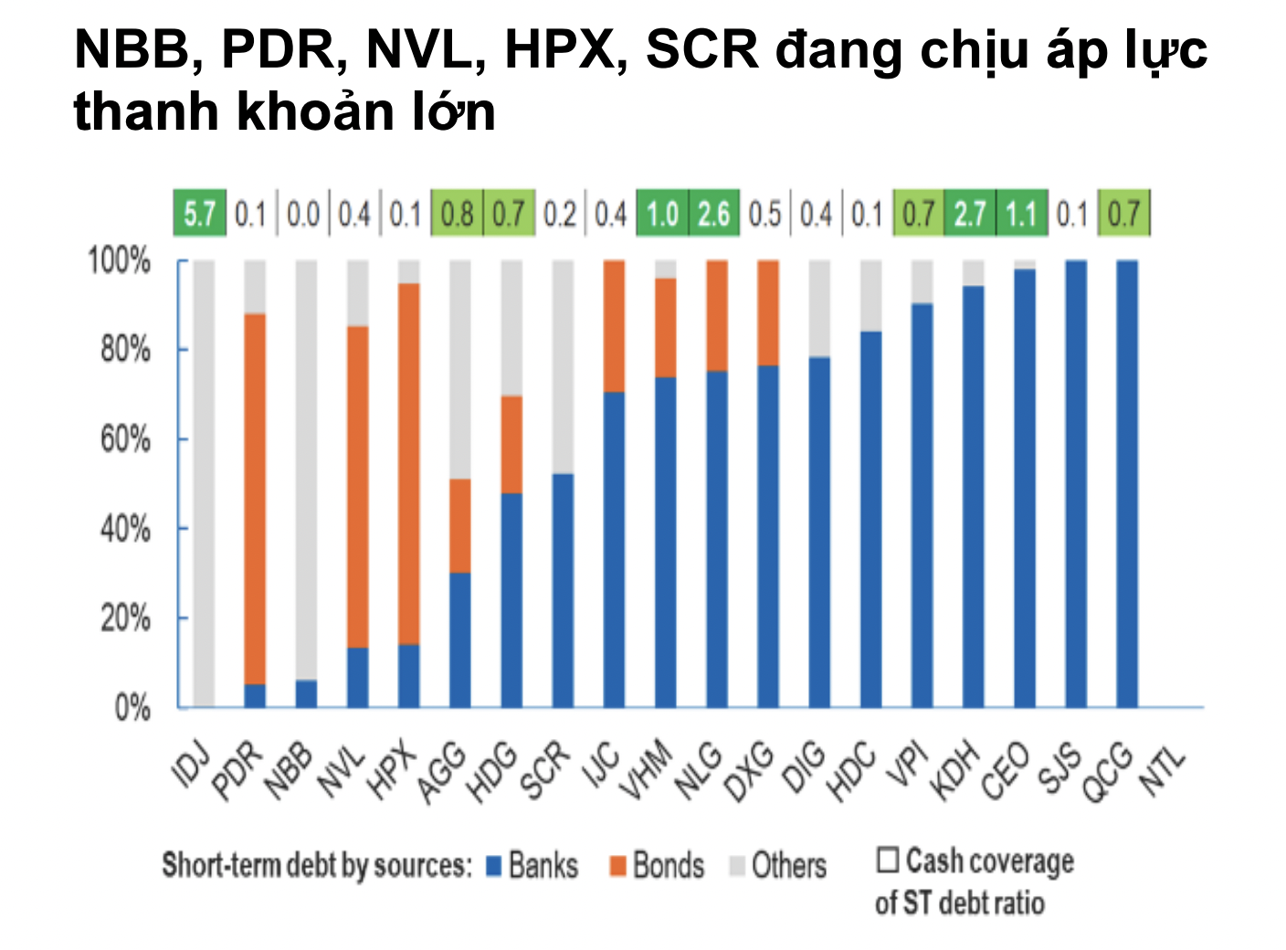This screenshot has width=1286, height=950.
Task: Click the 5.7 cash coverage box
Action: click(199, 214)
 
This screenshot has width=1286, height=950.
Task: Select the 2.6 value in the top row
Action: click(713, 214)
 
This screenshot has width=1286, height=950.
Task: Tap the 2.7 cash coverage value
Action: click(970, 214)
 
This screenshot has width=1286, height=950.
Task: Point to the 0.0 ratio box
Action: click(302, 214)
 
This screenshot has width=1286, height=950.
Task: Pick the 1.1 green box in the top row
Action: click(1021, 214)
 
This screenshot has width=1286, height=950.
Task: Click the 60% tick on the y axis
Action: click(125, 439)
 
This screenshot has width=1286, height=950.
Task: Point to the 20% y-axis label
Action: click(125, 618)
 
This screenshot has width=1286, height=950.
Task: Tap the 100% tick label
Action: click(119, 261)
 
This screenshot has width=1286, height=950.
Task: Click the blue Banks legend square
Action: click(494, 865)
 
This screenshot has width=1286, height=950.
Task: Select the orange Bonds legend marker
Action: click(617, 865)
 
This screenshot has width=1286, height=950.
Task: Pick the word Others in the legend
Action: click(788, 865)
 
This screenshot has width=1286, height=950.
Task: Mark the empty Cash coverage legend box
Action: click(887, 860)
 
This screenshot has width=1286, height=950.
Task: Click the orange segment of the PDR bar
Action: click(255, 498)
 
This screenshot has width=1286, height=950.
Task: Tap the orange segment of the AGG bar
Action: click(460, 525)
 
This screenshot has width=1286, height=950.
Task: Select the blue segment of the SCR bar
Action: click(563, 589)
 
